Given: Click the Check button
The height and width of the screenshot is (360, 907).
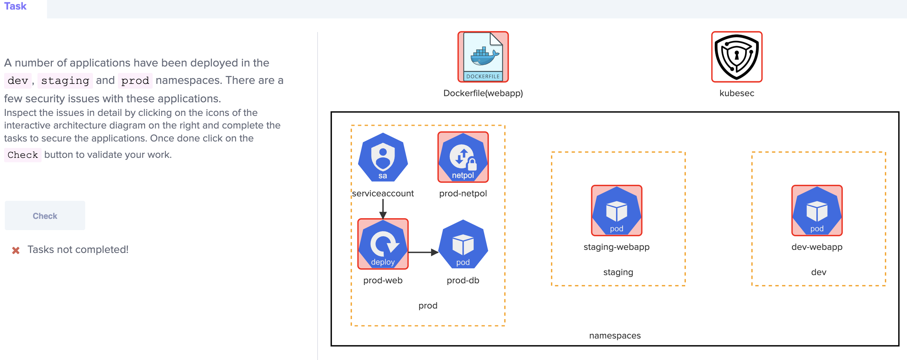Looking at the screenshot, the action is (45, 215).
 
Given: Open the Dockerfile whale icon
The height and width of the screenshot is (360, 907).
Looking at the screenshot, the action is (483, 57).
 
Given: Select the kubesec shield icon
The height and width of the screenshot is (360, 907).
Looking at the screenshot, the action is (737, 57).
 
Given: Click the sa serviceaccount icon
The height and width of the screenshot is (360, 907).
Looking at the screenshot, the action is (383, 157).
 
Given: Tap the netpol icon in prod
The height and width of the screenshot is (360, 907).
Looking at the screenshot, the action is (463, 157).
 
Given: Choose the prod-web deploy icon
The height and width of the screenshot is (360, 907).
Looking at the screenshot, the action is (383, 244).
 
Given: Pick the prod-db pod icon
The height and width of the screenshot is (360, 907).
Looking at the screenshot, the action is (463, 244).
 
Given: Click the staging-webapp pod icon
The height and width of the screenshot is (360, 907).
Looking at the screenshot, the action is (616, 211).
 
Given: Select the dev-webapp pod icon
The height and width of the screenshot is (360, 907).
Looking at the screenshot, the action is (817, 211).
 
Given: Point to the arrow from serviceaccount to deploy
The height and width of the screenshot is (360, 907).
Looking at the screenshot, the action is (383, 209).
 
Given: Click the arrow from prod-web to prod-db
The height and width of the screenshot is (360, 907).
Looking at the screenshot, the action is (423, 252).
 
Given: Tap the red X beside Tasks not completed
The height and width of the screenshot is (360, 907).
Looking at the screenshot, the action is (16, 250).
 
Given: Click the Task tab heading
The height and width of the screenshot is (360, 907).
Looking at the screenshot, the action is (15, 6).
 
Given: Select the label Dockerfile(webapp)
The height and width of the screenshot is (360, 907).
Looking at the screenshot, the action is (483, 93).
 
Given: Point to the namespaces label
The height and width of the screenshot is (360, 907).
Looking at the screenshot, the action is (615, 336).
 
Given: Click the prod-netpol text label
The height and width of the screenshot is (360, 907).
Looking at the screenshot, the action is (463, 193).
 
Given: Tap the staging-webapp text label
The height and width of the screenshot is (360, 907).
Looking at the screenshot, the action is (616, 247).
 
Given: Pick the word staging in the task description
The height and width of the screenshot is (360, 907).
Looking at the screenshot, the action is (65, 81).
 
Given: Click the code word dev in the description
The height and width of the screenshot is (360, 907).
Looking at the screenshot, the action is (18, 81).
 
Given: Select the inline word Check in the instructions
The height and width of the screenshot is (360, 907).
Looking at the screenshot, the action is (22, 155).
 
